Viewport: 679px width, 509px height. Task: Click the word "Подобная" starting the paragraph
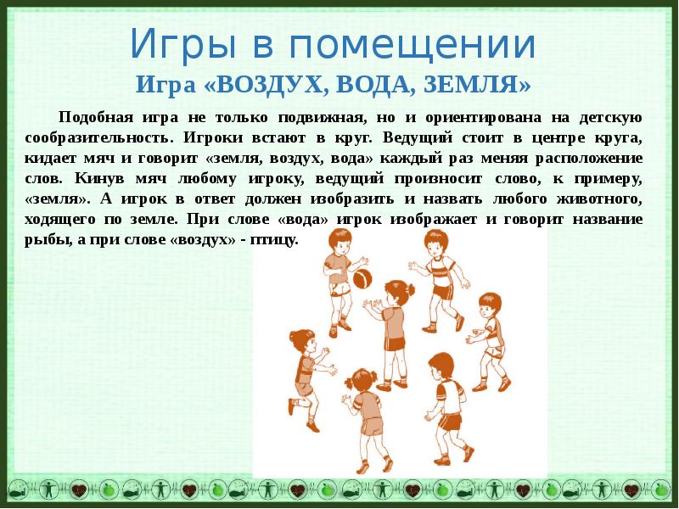click(x=96, y=118)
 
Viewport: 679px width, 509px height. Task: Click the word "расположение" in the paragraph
click(x=589, y=159)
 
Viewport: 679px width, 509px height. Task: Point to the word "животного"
click(x=599, y=199)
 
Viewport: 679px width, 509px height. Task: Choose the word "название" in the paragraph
click(x=608, y=220)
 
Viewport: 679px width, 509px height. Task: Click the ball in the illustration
click(x=362, y=279)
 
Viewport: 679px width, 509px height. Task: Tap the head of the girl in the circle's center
click(x=397, y=293)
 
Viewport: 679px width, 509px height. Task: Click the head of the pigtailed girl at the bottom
click(x=362, y=381)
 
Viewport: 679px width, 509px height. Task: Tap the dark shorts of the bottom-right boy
click(x=450, y=421)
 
